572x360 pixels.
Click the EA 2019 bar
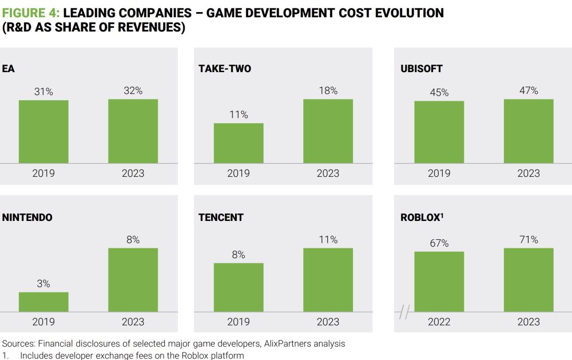(x=43, y=132)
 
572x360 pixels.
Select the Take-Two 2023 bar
(x=328, y=131)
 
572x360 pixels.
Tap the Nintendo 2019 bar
(x=43, y=302)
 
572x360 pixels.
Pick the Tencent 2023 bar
(x=328, y=280)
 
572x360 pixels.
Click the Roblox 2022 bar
(x=439, y=282)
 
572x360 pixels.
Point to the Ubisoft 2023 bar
(x=529, y=131)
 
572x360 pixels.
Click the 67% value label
(x=439, y=243)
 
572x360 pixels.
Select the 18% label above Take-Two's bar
(x=328, y=90)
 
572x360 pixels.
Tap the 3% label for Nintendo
(x=43, y=284)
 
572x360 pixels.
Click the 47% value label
(x=529, y=90)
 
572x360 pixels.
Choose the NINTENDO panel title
(x=27, y=217)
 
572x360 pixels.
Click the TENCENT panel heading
(x=221, y=217)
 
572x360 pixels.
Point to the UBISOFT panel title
(x=422, y=69)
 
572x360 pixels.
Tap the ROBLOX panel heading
(x=422, y=217)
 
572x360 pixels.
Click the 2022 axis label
(x=439, y=322)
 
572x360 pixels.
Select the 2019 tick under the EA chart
(x=43, y=173)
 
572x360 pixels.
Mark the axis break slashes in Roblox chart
(x=404, y=312)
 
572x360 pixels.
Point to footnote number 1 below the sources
(x=5, y=355)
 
